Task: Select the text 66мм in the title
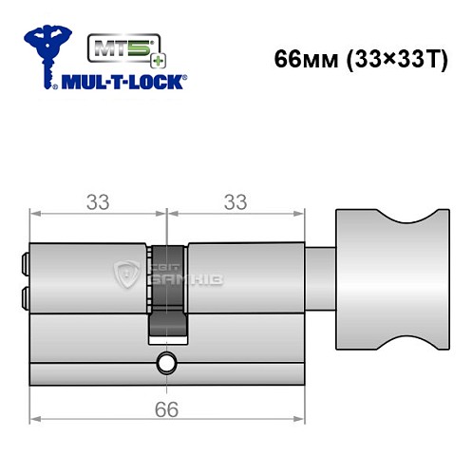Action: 303,58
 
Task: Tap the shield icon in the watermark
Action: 125,276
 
